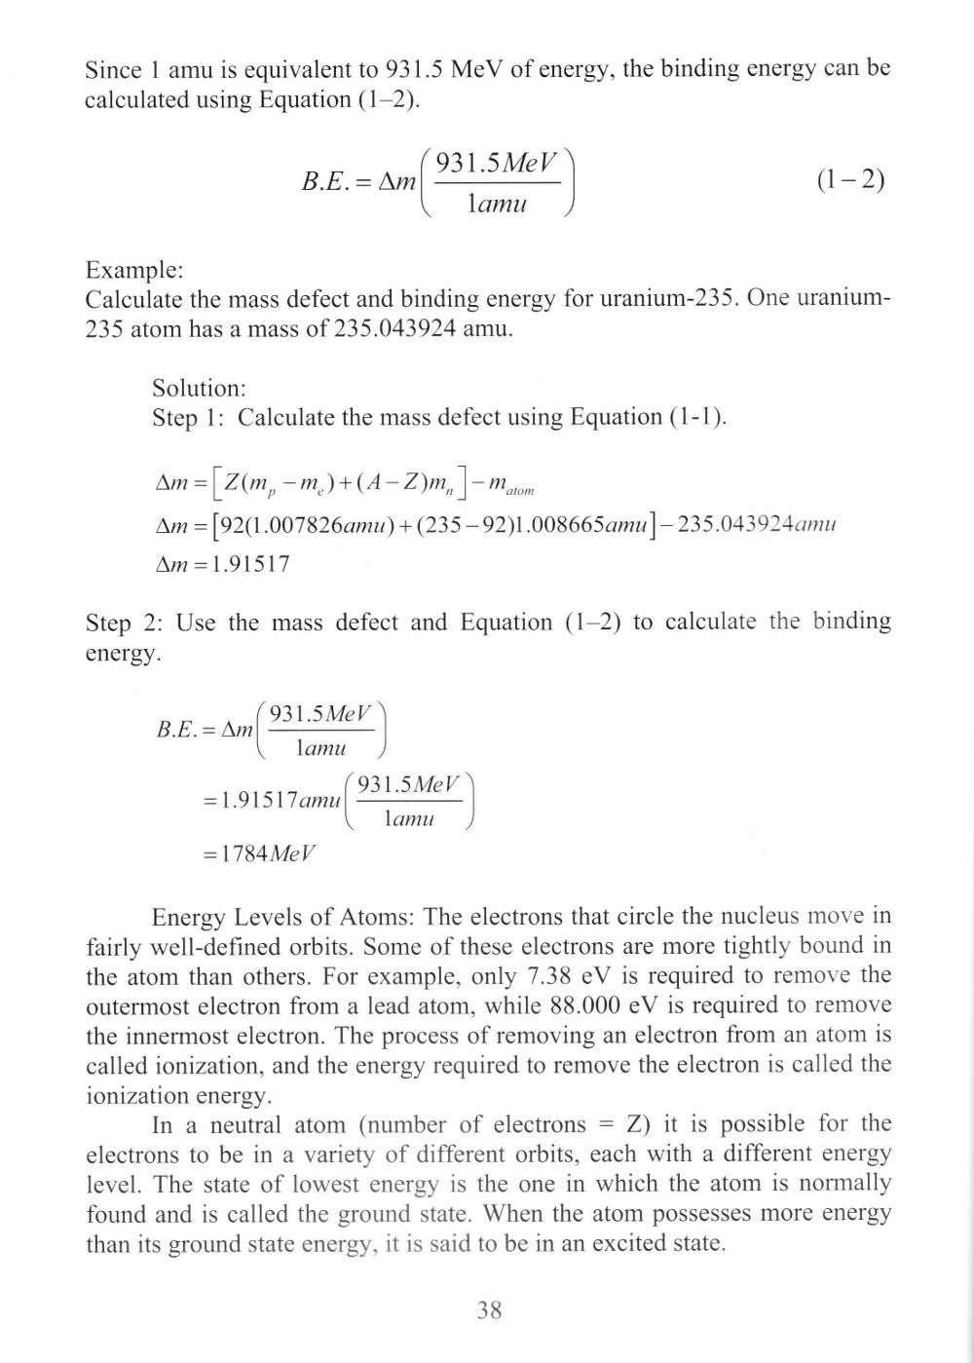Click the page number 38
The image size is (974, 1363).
pos(489,1310)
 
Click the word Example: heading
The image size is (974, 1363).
pos(128,270)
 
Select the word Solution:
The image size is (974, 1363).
pos(199,389)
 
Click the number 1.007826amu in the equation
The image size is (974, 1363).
pos(304,524)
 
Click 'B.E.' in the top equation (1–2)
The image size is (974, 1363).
pos(328,182)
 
